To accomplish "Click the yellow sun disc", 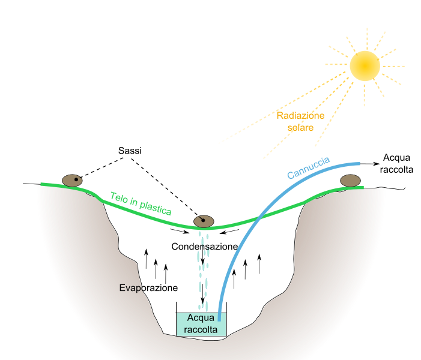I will tap(365, 65).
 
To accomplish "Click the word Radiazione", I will tap(300, 115).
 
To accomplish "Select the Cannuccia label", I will tap(308, 167).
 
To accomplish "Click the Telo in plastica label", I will tap(141, 203).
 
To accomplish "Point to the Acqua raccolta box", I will tap(201, 324).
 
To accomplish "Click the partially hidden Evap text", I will tap(130, 288).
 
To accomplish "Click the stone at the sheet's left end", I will tap(73, 181).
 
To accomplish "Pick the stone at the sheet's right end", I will tap(350, 181).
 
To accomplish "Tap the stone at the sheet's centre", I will tap(204, 221).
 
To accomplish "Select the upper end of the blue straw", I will tap(358, 163).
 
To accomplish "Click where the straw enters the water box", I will tap(220, 314).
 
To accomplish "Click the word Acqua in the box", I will tap(201, 318).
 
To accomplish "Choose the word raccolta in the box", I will tap(201, 330).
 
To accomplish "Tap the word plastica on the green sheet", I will tap(156, 208).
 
